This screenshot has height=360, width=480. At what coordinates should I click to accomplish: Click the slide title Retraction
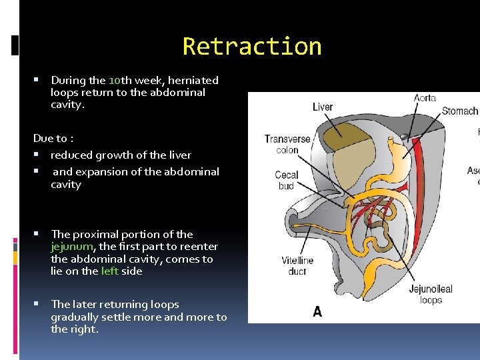252,47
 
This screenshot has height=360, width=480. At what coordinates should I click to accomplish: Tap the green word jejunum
73,247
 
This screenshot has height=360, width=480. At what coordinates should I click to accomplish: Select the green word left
110,271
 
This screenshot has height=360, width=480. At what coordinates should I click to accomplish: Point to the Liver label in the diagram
323,107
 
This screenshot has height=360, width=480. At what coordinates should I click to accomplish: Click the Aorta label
425,98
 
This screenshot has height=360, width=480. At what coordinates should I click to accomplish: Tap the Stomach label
460,111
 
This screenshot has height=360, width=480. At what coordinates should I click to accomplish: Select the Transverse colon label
287,145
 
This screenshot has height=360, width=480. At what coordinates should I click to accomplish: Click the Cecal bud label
286,180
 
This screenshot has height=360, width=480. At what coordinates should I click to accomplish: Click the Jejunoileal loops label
430,295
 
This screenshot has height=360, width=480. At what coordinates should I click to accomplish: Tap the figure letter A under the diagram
317,311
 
